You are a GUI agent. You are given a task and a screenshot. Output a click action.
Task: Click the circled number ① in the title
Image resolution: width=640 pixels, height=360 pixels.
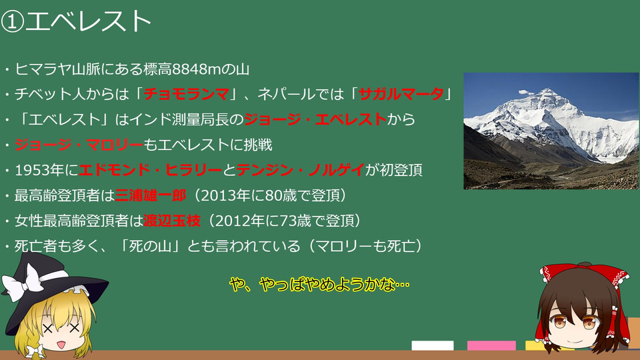[12, 21]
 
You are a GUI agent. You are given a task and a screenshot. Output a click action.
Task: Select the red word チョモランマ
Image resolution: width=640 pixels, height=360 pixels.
[186, 94]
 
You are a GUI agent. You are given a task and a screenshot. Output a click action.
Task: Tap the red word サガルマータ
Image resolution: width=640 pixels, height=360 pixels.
[401, 94]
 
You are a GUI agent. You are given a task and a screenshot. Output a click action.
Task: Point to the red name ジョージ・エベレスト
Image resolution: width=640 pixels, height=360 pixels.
[315, 119]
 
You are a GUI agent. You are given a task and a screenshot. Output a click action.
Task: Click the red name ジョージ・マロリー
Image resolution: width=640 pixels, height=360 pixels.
[79, 145]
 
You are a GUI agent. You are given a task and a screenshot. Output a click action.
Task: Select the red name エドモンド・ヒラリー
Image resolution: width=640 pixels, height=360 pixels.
[150, 170]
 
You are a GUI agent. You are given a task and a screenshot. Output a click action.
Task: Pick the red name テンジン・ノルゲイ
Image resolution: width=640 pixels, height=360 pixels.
[301, 170]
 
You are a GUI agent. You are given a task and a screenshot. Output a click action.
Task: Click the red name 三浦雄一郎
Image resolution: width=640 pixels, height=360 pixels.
[151, 195]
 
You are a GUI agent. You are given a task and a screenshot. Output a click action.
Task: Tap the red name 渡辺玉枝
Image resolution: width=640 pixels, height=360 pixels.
[172, 221]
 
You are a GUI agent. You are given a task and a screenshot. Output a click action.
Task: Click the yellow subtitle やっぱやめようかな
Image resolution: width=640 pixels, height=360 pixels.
[319, 284]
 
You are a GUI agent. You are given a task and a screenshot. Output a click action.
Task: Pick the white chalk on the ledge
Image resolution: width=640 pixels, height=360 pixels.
[433, 345]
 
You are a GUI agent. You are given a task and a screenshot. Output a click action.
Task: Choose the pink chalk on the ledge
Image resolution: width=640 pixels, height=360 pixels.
[491, 345]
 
